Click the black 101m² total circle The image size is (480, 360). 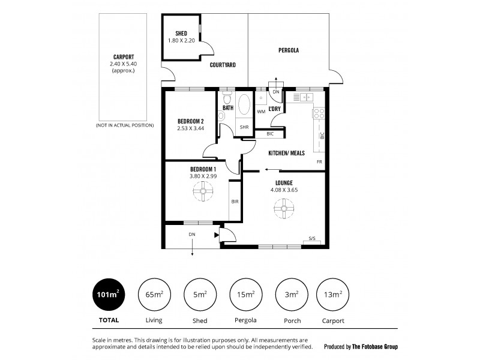[109, 294]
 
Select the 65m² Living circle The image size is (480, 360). [154, 294]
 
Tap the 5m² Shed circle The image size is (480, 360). [200, 294]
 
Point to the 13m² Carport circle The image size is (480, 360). [333, 294]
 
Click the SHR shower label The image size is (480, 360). [244, 128]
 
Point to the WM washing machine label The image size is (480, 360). [261, 112]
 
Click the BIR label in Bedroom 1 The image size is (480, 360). [235, 202]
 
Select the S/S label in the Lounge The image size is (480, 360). [312, 238]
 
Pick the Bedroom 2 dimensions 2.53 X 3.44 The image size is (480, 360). [190, 128]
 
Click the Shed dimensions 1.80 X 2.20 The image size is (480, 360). [181, 40]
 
